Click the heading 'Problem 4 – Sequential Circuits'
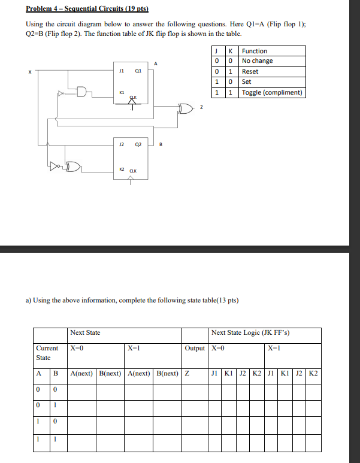[x=87, y=10]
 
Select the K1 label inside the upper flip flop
[x=121, y=93]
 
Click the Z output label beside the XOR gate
[x=201, y=108]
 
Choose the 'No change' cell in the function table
[x=258, y=61]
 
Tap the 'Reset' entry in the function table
[x=250, y=71]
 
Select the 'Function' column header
[x=255, y=51]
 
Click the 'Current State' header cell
[x=47, y=353]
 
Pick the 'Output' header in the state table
[x=195, y=348]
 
